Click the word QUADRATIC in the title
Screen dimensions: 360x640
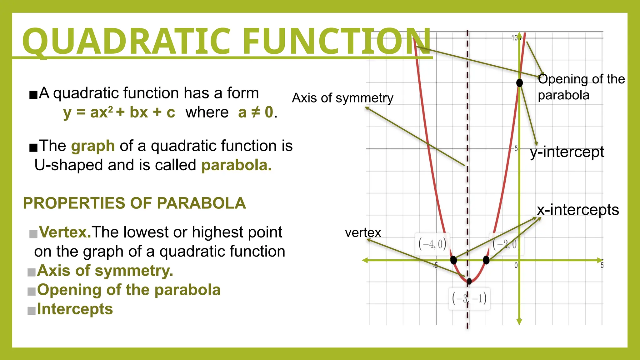click(127, 41)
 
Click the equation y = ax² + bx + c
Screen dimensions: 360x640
click(119, 112)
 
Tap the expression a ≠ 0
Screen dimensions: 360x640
click(256, 112)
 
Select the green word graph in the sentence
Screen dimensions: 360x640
click(93, 146)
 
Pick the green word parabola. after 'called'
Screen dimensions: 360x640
click(236, 165)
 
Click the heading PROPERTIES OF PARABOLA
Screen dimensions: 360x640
click(134, 203)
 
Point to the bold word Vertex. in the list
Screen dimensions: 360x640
click(65, 232)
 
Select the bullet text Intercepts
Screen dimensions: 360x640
click(75, 309)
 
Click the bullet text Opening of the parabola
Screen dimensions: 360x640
click(129, 290)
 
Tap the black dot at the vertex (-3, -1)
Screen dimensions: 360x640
click(469, 281)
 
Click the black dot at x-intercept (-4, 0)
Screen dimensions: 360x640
click(453, 260)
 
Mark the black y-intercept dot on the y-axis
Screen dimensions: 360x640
click(519, 83)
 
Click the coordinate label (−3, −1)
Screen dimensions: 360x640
click(469, 299)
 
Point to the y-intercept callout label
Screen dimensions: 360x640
click(567, 152)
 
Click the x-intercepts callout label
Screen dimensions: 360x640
click(578, 210)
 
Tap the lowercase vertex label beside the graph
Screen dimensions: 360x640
click(363, 233)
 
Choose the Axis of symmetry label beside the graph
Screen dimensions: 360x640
click(342, 98)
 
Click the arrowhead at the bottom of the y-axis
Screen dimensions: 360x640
click(519, 322)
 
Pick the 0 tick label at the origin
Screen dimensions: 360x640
click(516, 265)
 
